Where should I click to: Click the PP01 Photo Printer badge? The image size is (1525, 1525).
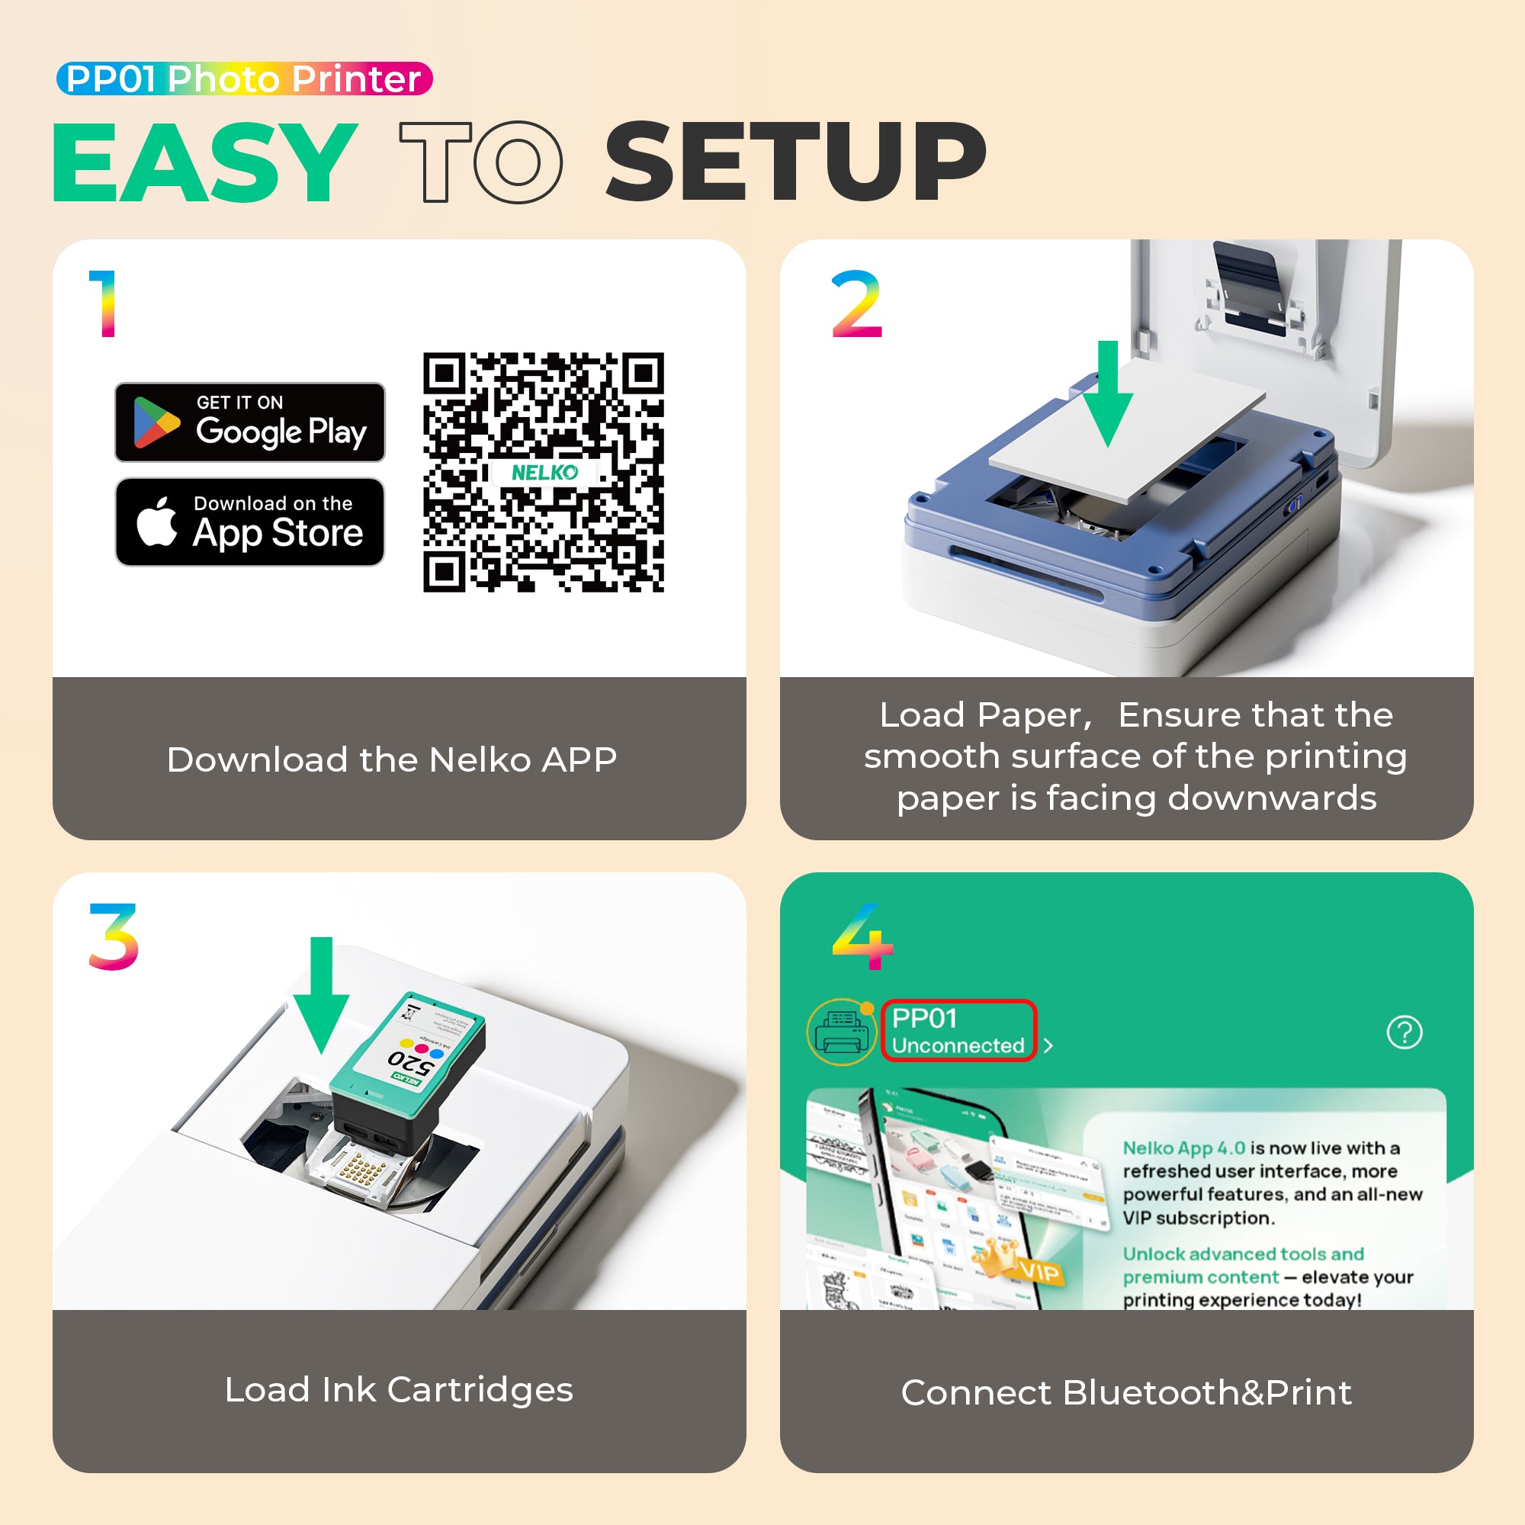tap(244, 79)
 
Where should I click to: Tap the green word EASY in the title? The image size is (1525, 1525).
tap(204, 162)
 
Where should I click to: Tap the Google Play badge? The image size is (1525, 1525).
tap(249, 422)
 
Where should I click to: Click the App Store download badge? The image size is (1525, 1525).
tap(249, 522)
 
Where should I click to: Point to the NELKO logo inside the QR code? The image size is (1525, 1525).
tap(544, 472)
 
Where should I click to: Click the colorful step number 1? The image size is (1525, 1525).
tap(104, 304)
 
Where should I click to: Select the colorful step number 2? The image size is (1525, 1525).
tap(856, 304)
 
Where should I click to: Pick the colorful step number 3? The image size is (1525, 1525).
tap(114, 936)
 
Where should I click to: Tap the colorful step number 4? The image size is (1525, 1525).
tap(862, 936)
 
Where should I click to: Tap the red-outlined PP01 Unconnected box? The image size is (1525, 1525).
tap(958, 1031)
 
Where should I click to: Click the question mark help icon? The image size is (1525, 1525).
tap(1405, 1032)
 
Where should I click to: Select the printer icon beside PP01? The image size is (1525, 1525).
tap(843, 1032)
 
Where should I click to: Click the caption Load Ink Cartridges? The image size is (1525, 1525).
tap(399, 1390)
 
